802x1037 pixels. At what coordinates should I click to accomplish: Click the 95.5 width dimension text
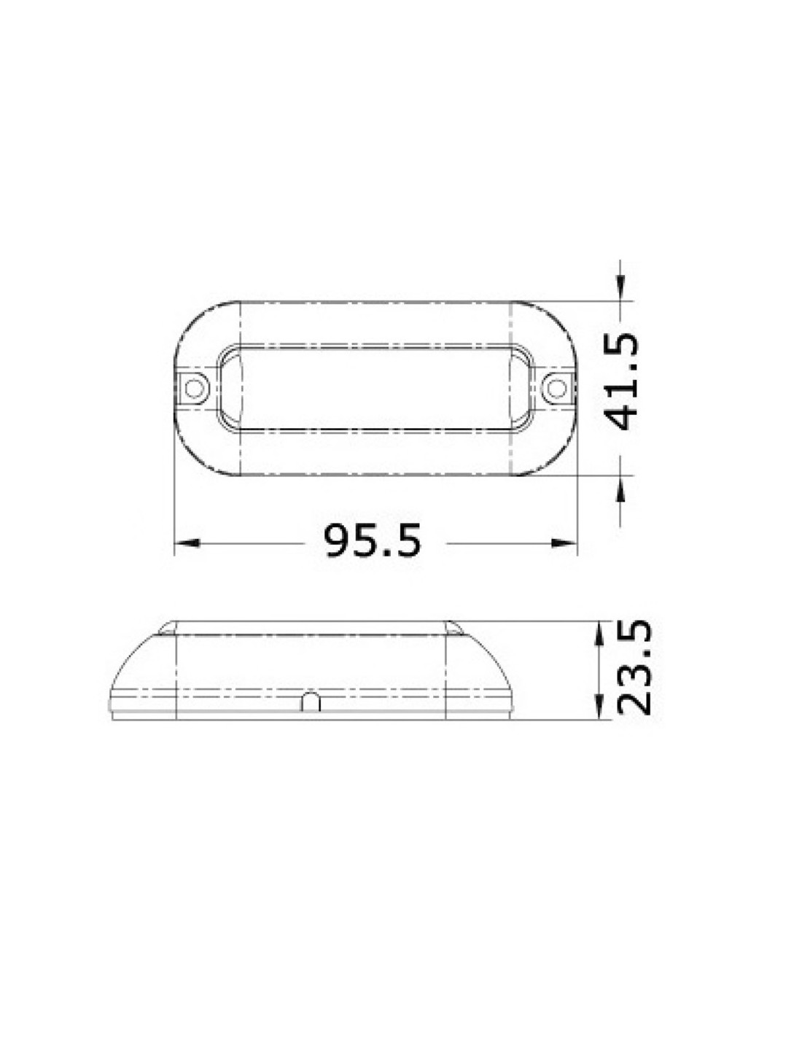pyautogui.click(x=373, y=540)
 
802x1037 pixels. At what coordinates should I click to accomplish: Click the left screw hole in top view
pyautogui.click(x=193, y=388)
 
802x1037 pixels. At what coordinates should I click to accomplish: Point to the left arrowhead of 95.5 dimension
pyautogui.click(x=187, y=543)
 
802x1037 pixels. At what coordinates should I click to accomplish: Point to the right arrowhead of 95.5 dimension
pyautogui.click(x=564, y=543)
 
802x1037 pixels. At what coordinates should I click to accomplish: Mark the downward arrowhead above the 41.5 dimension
pyautogui.click(x=620, y=288)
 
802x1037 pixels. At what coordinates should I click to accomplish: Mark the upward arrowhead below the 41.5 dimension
pyautogui.click(x=620, y=488)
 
